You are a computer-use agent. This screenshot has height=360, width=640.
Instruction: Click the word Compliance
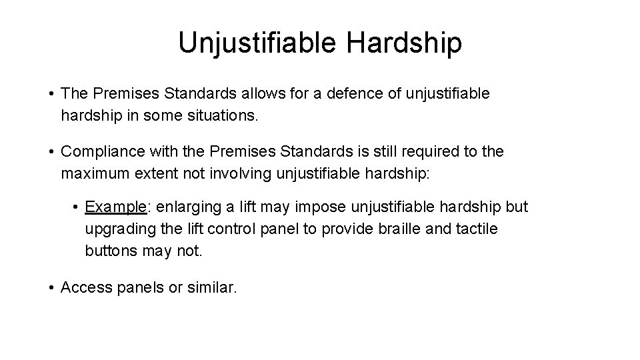point(102,151)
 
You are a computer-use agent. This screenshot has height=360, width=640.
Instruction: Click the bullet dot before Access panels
point(51,288)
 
